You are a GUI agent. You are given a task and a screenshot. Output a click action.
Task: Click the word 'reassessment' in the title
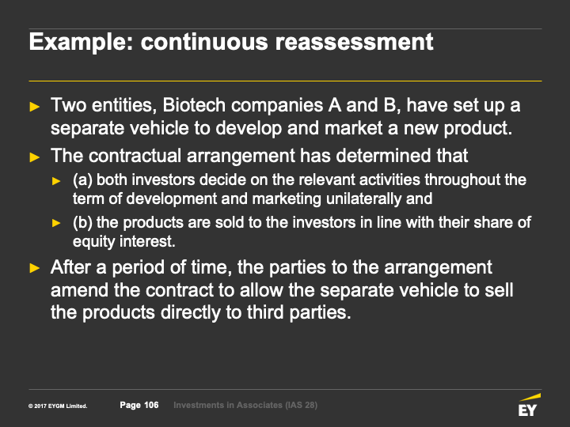[354, 41]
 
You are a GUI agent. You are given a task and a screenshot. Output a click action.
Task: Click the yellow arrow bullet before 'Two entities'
[35, 107]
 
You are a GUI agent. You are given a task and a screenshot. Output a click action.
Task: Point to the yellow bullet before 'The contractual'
[35, 157]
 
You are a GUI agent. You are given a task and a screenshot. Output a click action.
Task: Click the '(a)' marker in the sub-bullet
[82, 180]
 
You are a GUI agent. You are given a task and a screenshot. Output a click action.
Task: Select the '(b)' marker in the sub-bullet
[82, 222]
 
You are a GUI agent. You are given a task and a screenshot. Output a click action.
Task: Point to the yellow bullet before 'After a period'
[35, 268]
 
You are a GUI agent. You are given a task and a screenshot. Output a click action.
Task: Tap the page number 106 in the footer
[151, 405]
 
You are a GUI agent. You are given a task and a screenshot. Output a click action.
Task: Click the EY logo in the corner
[530, 405]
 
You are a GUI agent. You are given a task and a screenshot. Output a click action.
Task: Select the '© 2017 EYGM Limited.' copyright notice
[58, 406]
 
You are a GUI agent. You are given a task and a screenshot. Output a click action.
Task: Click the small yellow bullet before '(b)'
[56, 223]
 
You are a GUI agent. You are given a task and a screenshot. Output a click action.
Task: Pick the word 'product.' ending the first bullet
[478, 129]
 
